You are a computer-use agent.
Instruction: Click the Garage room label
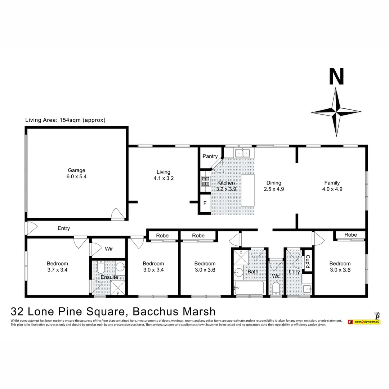tap(76, 170)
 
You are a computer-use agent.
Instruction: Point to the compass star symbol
tap(336, 112)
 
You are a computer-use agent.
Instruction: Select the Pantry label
tap(210, 156)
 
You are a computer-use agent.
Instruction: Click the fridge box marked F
tap(205, 204)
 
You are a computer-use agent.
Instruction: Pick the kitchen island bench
tap(247, 190)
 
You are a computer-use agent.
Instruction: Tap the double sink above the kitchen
tap(243, 153)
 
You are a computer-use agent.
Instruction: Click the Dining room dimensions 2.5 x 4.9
tap(273, 189)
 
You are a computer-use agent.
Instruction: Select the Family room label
tap(332, 183)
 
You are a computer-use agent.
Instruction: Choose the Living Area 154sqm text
tap(65, 120)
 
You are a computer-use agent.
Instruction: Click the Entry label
tap(64, 228)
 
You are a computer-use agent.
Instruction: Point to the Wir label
tap(109, 249)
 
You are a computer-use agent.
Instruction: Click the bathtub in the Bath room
tap(249, 288)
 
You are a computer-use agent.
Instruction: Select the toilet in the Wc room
tap(276, 289)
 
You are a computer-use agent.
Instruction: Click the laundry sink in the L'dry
tap(307, 289)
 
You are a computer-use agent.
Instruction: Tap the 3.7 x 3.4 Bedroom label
tap(57, 267)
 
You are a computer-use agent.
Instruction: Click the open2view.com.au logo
tap(364, 321)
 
